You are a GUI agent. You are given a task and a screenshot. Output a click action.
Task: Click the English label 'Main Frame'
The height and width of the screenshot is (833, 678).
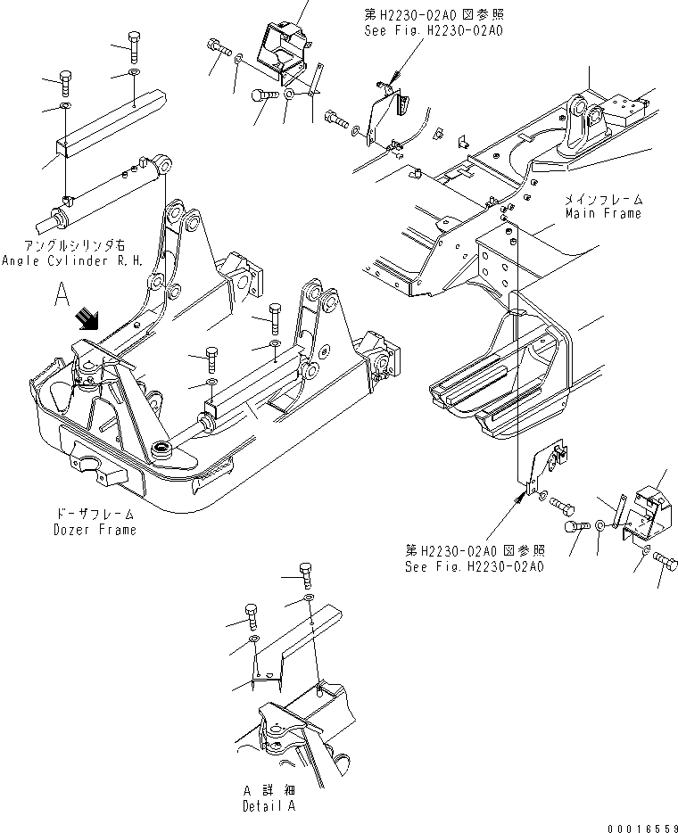click(603, 213)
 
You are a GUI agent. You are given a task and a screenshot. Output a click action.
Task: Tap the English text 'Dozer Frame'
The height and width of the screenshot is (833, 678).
click(95, 530)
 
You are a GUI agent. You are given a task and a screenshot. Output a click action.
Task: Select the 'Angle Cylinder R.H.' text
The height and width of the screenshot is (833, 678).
click(72, 260)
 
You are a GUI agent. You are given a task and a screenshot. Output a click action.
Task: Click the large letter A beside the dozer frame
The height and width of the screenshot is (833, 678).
click(62, 296)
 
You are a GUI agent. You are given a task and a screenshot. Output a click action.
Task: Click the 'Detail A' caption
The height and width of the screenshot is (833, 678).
click(268, 804)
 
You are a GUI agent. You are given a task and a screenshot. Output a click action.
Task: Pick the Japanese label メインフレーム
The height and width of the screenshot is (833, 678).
click(603, 199)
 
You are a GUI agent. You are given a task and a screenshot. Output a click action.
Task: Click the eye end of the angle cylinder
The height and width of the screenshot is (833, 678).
click(164, 163)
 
